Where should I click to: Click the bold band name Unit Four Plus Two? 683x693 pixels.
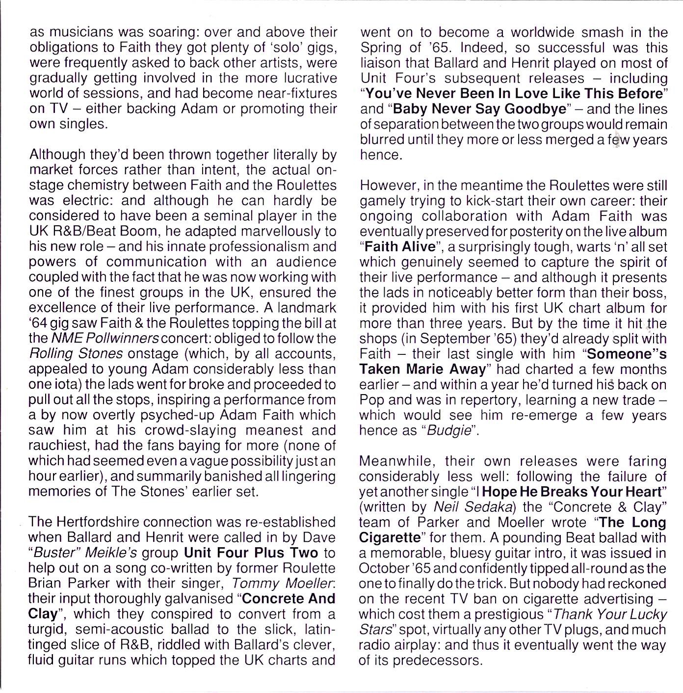pos(251,553)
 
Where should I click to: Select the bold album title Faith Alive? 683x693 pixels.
pos(397,246)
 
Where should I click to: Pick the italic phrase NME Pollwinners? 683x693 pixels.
pos(105,338)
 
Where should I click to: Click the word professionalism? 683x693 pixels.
pos(244,246)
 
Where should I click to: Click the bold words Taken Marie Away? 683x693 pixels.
pos(422,369)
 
